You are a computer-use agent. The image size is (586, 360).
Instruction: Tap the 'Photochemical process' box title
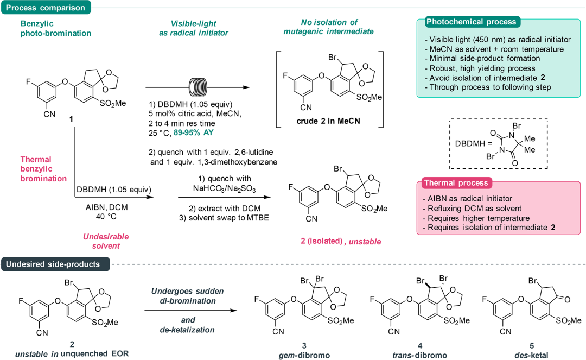click(472, 22)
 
